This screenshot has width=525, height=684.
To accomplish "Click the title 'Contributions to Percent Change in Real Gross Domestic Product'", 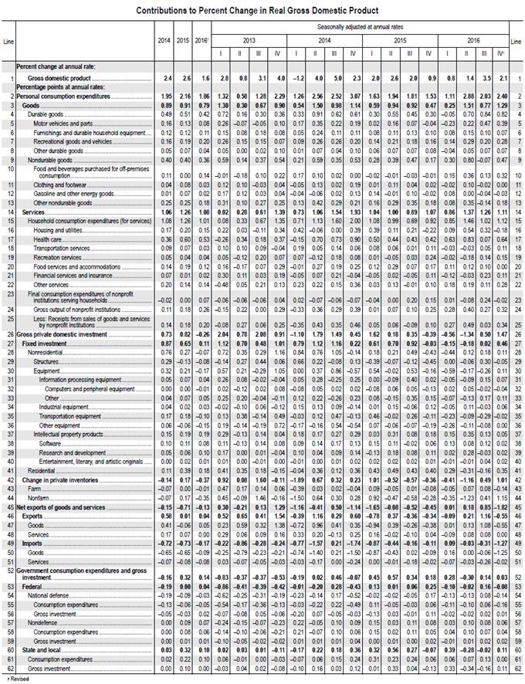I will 257,11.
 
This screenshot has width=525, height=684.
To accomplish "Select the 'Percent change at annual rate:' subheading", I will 57,67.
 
